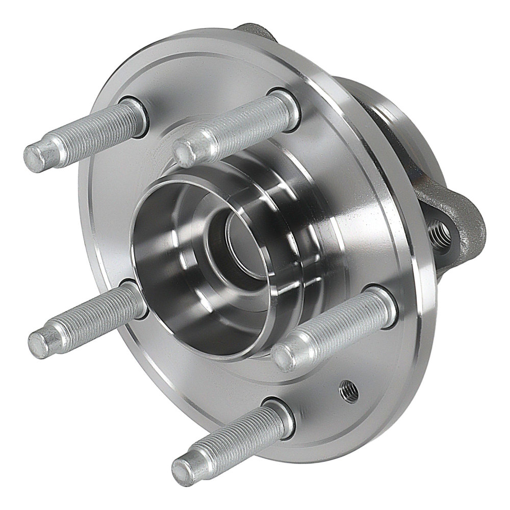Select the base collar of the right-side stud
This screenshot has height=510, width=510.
click(x=380, y=303)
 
